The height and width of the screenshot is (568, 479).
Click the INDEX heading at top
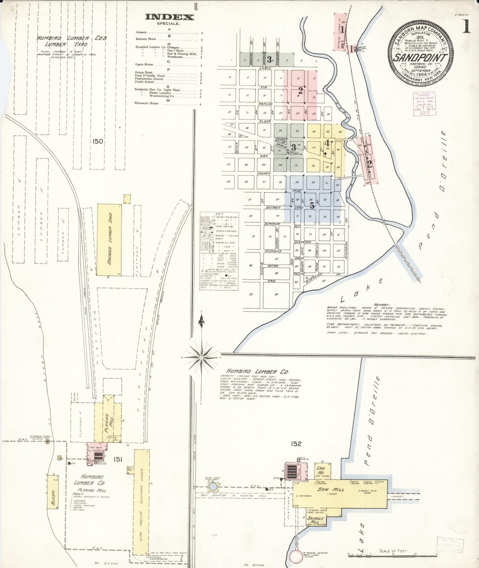[169, 17]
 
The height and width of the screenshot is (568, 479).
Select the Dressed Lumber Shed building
[109, 239]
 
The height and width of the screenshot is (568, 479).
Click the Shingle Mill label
[316, 520]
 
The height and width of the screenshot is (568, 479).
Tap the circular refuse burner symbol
[296, 557]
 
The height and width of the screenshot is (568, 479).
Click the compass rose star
[201, 357]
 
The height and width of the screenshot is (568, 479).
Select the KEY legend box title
[219, 214]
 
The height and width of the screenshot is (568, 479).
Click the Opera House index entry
[144, 65]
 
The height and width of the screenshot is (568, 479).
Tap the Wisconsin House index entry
[147, 103]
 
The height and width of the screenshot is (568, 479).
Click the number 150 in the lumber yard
[98, 142]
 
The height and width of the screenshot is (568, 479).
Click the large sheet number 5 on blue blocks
[312, 206]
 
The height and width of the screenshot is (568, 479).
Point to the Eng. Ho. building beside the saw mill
[320, 471]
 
